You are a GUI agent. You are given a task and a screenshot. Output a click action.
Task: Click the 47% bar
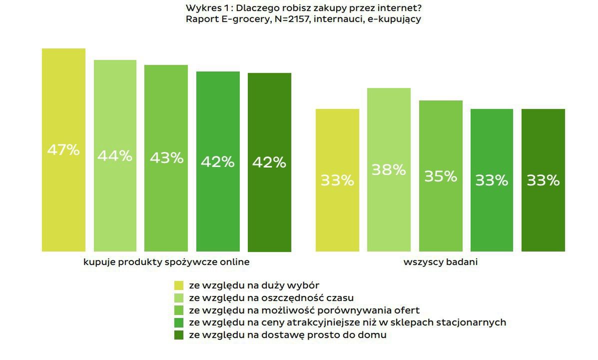coord(63,150)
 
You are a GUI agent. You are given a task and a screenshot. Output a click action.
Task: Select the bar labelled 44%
coord(115,155)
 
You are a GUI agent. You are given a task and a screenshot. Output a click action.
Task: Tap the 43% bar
coord(166,158)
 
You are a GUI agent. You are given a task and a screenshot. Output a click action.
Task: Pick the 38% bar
coord(389,169)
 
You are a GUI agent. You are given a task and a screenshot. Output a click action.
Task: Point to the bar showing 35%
coord(441,176)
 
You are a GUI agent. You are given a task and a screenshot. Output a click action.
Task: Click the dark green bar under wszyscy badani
coord(543,180)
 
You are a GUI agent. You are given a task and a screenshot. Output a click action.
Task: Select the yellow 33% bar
coord(337,180)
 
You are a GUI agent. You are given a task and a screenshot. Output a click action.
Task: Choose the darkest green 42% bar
coord(269,162)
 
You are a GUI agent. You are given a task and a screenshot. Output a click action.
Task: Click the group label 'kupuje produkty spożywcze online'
coord(166,262)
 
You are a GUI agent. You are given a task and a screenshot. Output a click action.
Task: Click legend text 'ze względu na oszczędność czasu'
coord(271,298)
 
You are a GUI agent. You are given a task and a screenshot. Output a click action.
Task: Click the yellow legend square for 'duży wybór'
coord(179,285)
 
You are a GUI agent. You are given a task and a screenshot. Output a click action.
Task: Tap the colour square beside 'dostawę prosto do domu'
coord(179,335)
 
